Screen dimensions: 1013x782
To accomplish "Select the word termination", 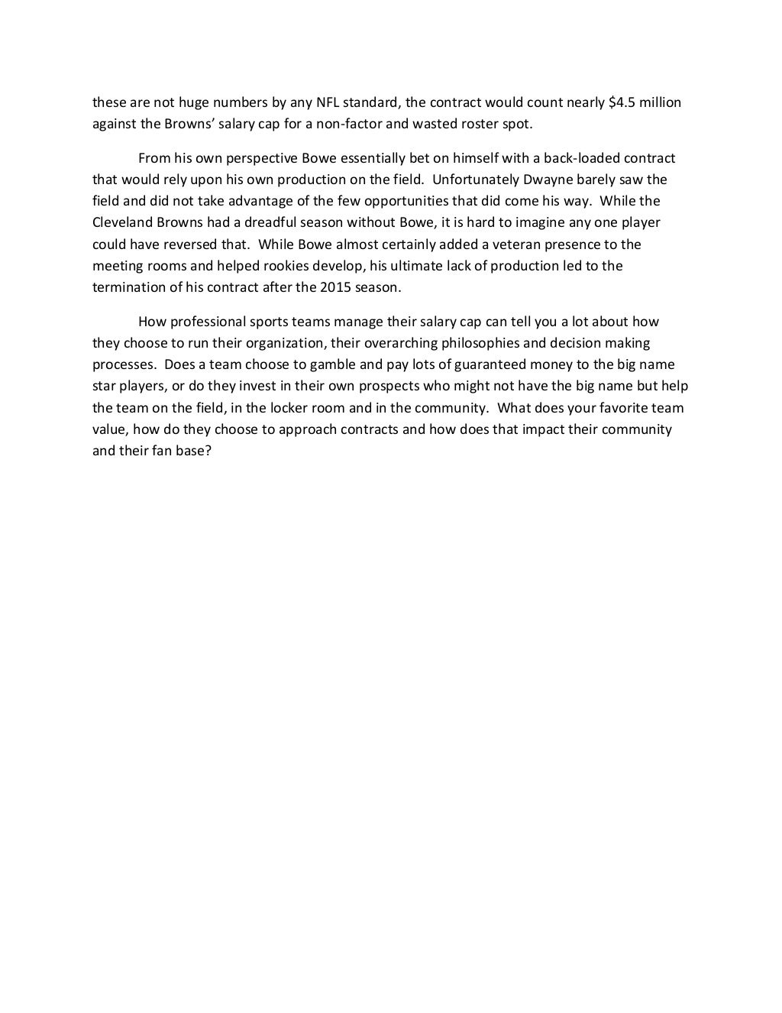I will pos(127,288).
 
